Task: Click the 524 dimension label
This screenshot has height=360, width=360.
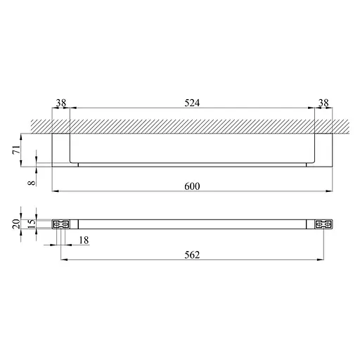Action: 192,103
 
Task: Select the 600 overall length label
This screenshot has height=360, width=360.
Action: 192,186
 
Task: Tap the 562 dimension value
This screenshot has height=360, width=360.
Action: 192,255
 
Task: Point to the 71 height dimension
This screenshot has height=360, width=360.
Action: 16,150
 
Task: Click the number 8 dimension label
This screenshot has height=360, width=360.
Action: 32,183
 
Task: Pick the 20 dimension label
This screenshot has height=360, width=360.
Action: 16,224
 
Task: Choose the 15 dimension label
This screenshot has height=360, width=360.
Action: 32,224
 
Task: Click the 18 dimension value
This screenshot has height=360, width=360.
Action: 84,240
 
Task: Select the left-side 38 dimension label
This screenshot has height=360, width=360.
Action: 61,103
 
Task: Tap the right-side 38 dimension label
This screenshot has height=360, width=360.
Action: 323,103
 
